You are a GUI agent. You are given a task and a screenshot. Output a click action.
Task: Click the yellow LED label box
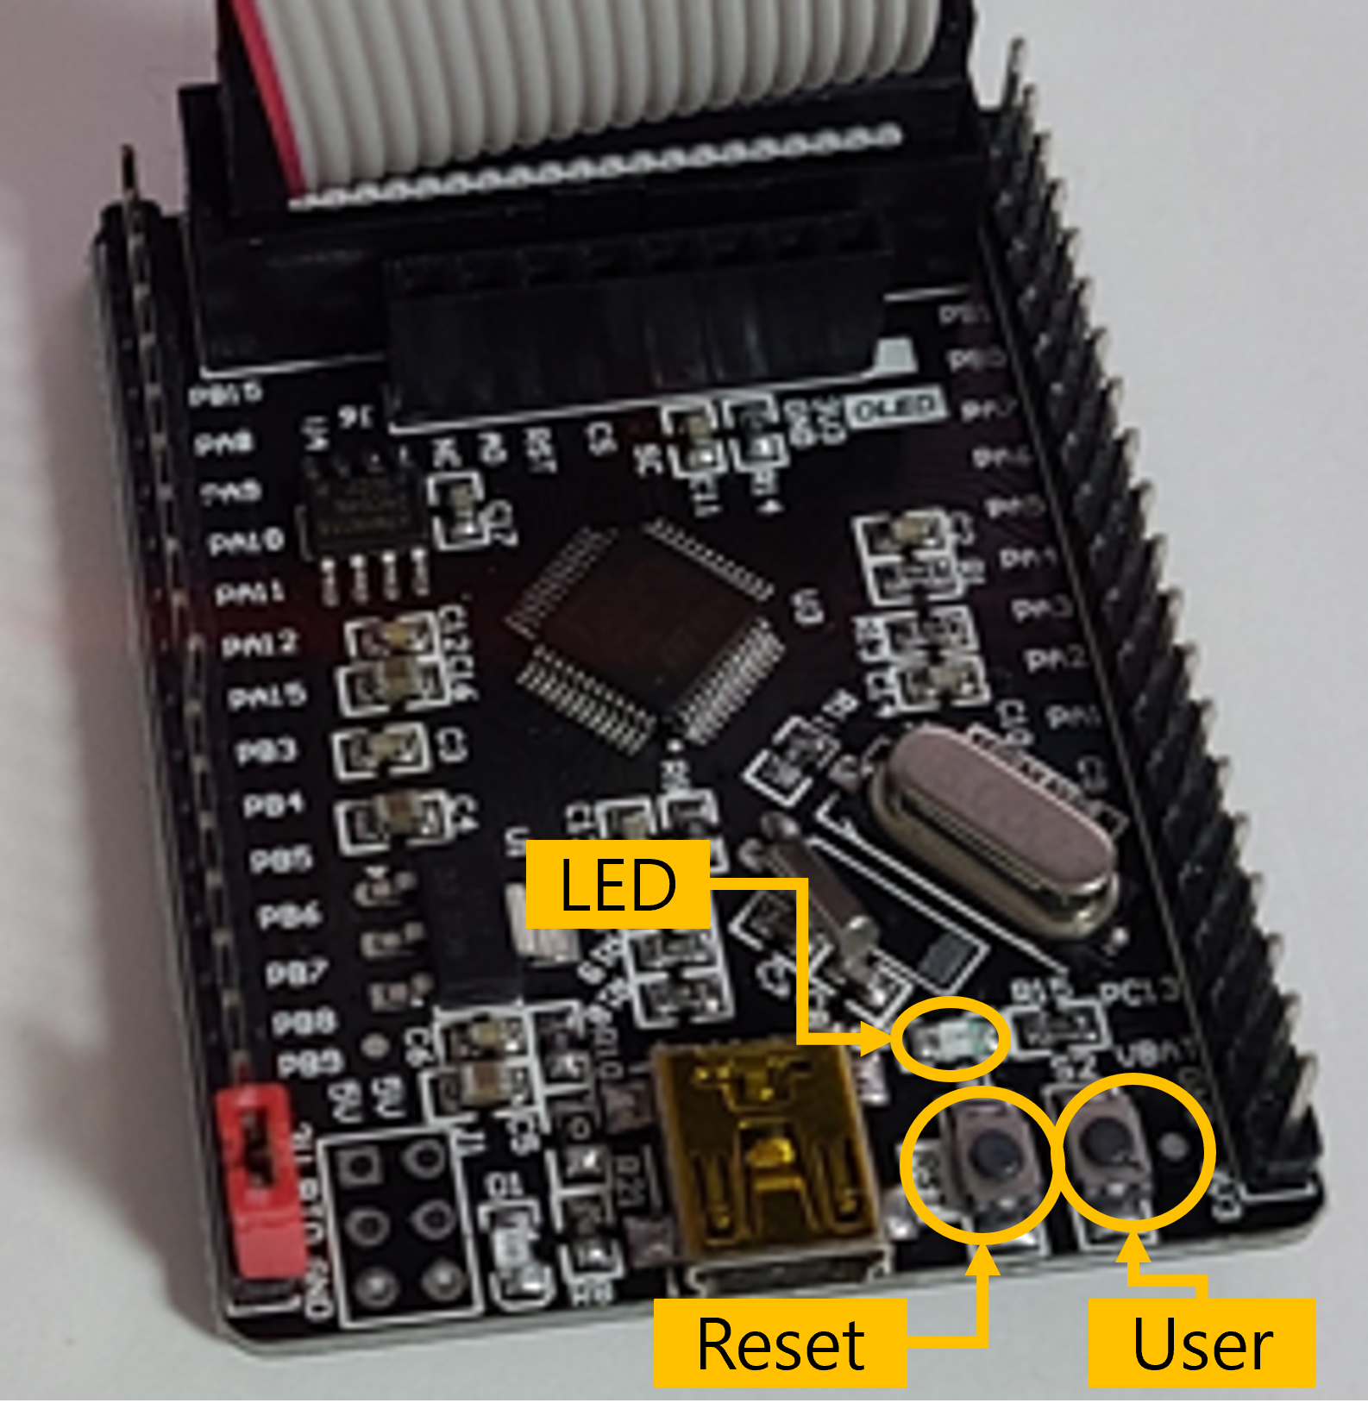point(618,885)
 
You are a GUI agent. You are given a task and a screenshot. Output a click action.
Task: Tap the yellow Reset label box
point(780,1343)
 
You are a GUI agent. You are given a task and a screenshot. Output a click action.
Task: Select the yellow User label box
point(1202,1343)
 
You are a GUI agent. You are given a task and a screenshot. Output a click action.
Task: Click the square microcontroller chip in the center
point(643,634)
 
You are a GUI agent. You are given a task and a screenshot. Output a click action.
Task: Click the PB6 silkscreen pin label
point(290,916)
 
